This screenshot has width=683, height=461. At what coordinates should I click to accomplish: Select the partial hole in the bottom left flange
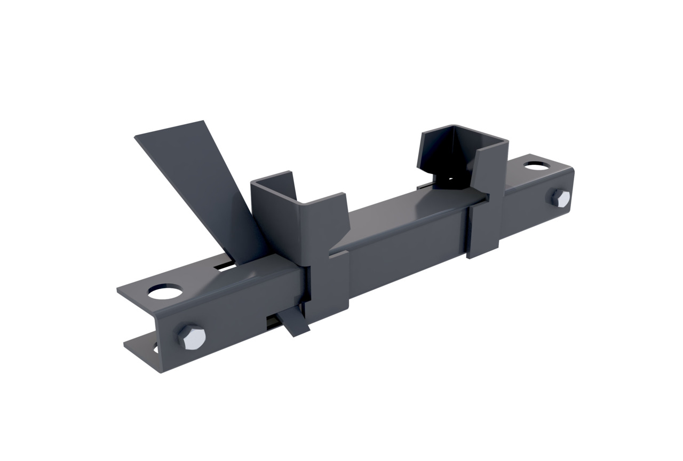coord(155,349)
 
